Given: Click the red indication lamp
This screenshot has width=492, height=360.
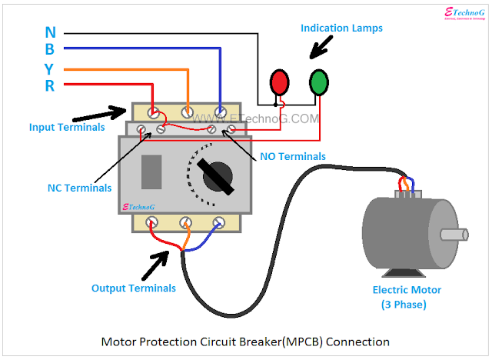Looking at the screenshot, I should (279, 81).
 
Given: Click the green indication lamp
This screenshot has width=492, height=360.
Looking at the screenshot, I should (319, 81).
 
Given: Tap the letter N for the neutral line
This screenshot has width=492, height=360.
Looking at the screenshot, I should (50, 32).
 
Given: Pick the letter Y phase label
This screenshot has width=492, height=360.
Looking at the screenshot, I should (50, 68).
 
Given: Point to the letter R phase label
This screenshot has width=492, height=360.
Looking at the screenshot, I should (50, 85).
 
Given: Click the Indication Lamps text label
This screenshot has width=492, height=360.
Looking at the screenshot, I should (341, 28).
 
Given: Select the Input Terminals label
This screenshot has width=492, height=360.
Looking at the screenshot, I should (67, 127).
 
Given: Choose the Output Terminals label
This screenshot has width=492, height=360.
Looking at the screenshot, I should (134, 288).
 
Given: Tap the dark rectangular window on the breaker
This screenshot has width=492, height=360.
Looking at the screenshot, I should (152, 171).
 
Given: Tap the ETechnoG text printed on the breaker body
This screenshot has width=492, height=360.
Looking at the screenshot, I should (141, 206).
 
